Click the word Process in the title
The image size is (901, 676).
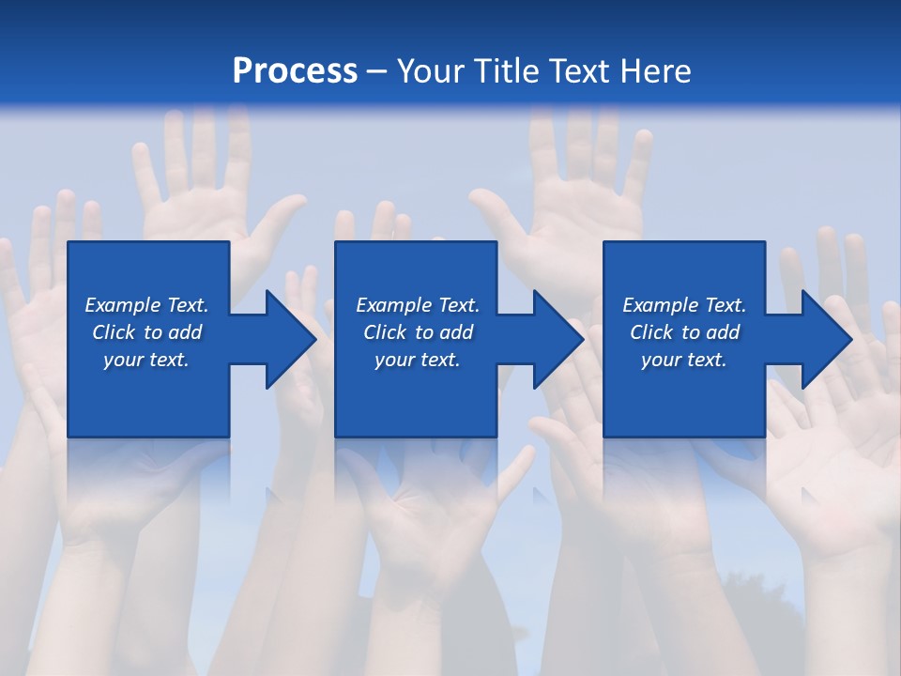tap(295, 70)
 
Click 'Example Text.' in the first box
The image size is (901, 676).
tap(146, 305)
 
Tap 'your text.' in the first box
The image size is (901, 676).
tap(146, 360)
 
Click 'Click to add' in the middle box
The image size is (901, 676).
tap(418, 332)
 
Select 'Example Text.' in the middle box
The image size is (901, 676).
tap(418, 305)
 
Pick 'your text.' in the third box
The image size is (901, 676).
tap(684, 360)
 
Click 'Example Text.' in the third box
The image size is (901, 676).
tap(684, 305)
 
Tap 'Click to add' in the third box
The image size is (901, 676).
tap(684, 332)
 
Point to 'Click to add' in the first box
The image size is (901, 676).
tap(146, 332)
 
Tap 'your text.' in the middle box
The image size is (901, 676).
tap(418, 360)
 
